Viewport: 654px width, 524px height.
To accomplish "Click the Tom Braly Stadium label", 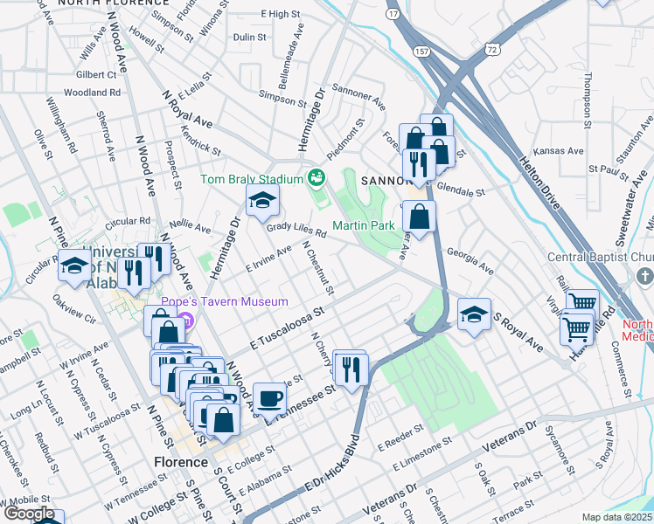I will click(x=251, y=179).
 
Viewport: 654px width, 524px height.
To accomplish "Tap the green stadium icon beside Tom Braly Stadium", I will click(x=316, y=179).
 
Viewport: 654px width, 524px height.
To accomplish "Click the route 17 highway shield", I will click(x=394, y=14).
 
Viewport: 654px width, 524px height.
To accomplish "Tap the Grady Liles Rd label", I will click(x=296, y=230).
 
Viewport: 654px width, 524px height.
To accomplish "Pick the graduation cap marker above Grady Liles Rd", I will click(x=262, y=202).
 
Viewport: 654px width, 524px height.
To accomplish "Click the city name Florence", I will click(x=181, y=462).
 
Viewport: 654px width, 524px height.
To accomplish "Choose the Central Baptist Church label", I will click(x=601, y=257).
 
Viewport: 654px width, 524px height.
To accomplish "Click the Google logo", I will click(x=31, y=514).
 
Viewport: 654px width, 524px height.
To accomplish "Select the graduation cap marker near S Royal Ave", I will click(x=474, y=315).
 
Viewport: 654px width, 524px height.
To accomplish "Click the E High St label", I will click(x=281, y=14).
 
